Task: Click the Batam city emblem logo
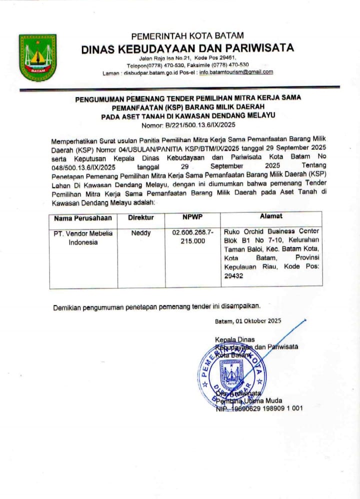pyautogui.click(x=37, y=57)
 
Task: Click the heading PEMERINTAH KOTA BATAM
pyautogui.click(x=187, y=36)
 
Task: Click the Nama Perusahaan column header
pyautogui.click(x=82, y=217)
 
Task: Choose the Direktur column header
pyautogui.click(x=141, y=217)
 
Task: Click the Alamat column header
pyautogui.click(x=271, y=216)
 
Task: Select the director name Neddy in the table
pyautogui.click(x=141, y=232)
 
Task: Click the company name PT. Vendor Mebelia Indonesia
pyautogui.click(x=83, y=237)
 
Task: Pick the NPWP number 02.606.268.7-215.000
pyautogui.click(x=193, y=236)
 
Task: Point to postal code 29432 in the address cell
pyautogui.click(x=234, y=275)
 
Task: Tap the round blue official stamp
pyautogui.click(x=231, y=372)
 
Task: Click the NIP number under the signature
pyautogui.click(x=259, y=408)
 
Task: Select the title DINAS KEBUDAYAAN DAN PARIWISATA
pyautogui.click(x=187, y=48)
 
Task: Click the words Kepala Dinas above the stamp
pyautogui.click(x=235, y=339)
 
